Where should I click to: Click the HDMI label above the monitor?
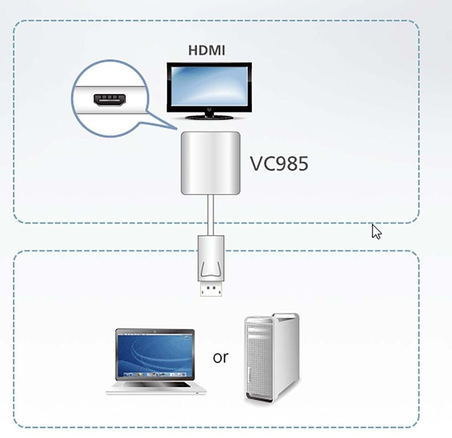tap(207, 50)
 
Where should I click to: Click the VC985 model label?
tap(279, 164)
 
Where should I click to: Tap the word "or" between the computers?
tap(220, 357)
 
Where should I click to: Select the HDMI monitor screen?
tap(209, 87)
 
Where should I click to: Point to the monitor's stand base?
tap(209, 117)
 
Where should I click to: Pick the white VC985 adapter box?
tap(211, 163)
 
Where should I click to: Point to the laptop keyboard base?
tap(156, 387)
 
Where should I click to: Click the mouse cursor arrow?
tap(376, 231)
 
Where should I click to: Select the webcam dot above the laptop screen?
tap(155, 332)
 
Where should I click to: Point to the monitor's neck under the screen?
tap(209, 113)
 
